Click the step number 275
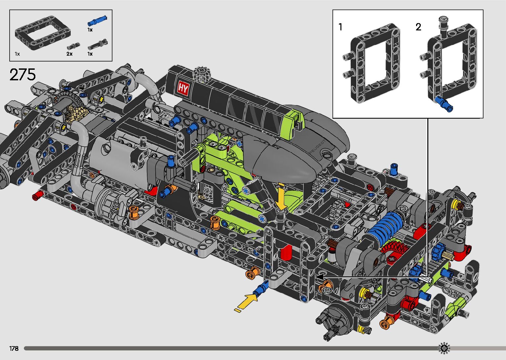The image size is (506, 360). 22,74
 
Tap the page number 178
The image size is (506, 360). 14,348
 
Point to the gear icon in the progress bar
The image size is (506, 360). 444,348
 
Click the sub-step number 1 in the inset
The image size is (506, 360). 340,27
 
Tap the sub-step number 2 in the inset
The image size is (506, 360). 418,27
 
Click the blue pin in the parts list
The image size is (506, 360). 97,20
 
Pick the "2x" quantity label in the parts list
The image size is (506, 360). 69,54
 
